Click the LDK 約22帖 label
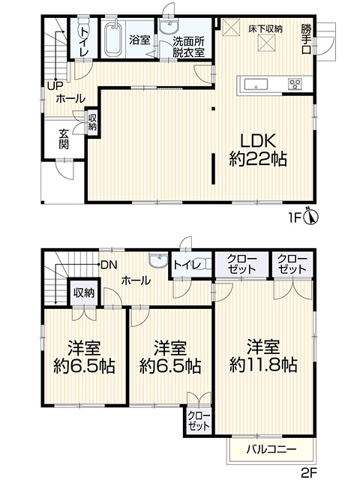pos(258,150)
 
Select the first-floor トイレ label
pos(84,40)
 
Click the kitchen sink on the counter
pos(256,83)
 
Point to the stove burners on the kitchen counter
pos(295,84)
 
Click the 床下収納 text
pos(265,29)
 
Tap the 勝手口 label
pos(306,39)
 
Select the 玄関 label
pos(64,139)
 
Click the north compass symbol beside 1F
pos(310,217)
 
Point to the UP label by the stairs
pos(55,86)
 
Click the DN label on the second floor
pos(109,265)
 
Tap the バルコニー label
pos(271,450)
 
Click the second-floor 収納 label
pos(83,293)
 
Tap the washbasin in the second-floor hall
pos(158,260)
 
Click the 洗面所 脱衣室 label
pos(188,47)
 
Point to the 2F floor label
pos(308,472)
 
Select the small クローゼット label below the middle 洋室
pos(199,421)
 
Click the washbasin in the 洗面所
pos(169,26)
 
